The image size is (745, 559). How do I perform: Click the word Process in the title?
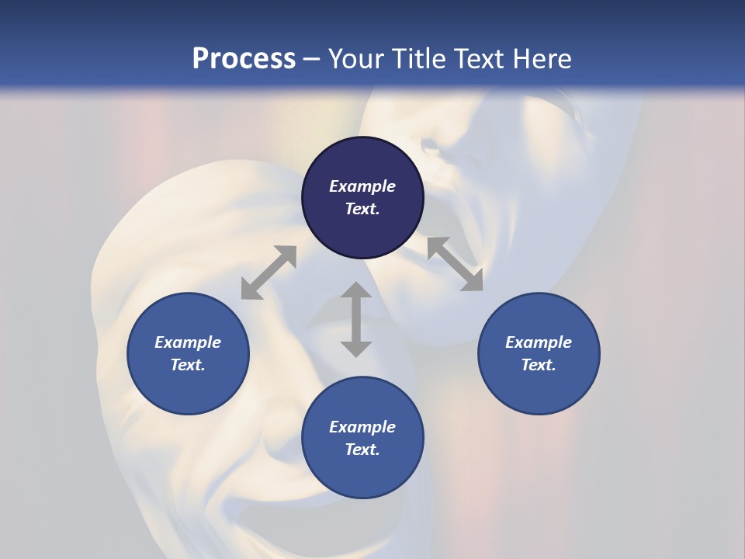pos(244,59)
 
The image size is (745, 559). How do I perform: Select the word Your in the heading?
pos(358,59)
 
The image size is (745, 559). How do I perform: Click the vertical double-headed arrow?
pos(356,319)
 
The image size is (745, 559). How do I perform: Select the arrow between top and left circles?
pos(269,273)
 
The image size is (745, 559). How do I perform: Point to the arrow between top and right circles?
pos(455,264)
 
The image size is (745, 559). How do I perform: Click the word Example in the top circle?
pos(362,186)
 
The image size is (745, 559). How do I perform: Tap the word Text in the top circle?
pos(361,209)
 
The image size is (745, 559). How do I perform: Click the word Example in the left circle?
pos(188,342)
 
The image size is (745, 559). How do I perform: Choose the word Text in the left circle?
pos(187,365)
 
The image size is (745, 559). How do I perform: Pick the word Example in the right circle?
pos(539,342)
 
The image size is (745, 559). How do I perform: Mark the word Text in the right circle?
pos(537,365)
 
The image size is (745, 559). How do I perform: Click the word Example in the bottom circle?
pos(362,427)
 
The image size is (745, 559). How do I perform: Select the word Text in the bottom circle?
pos(361,450)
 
